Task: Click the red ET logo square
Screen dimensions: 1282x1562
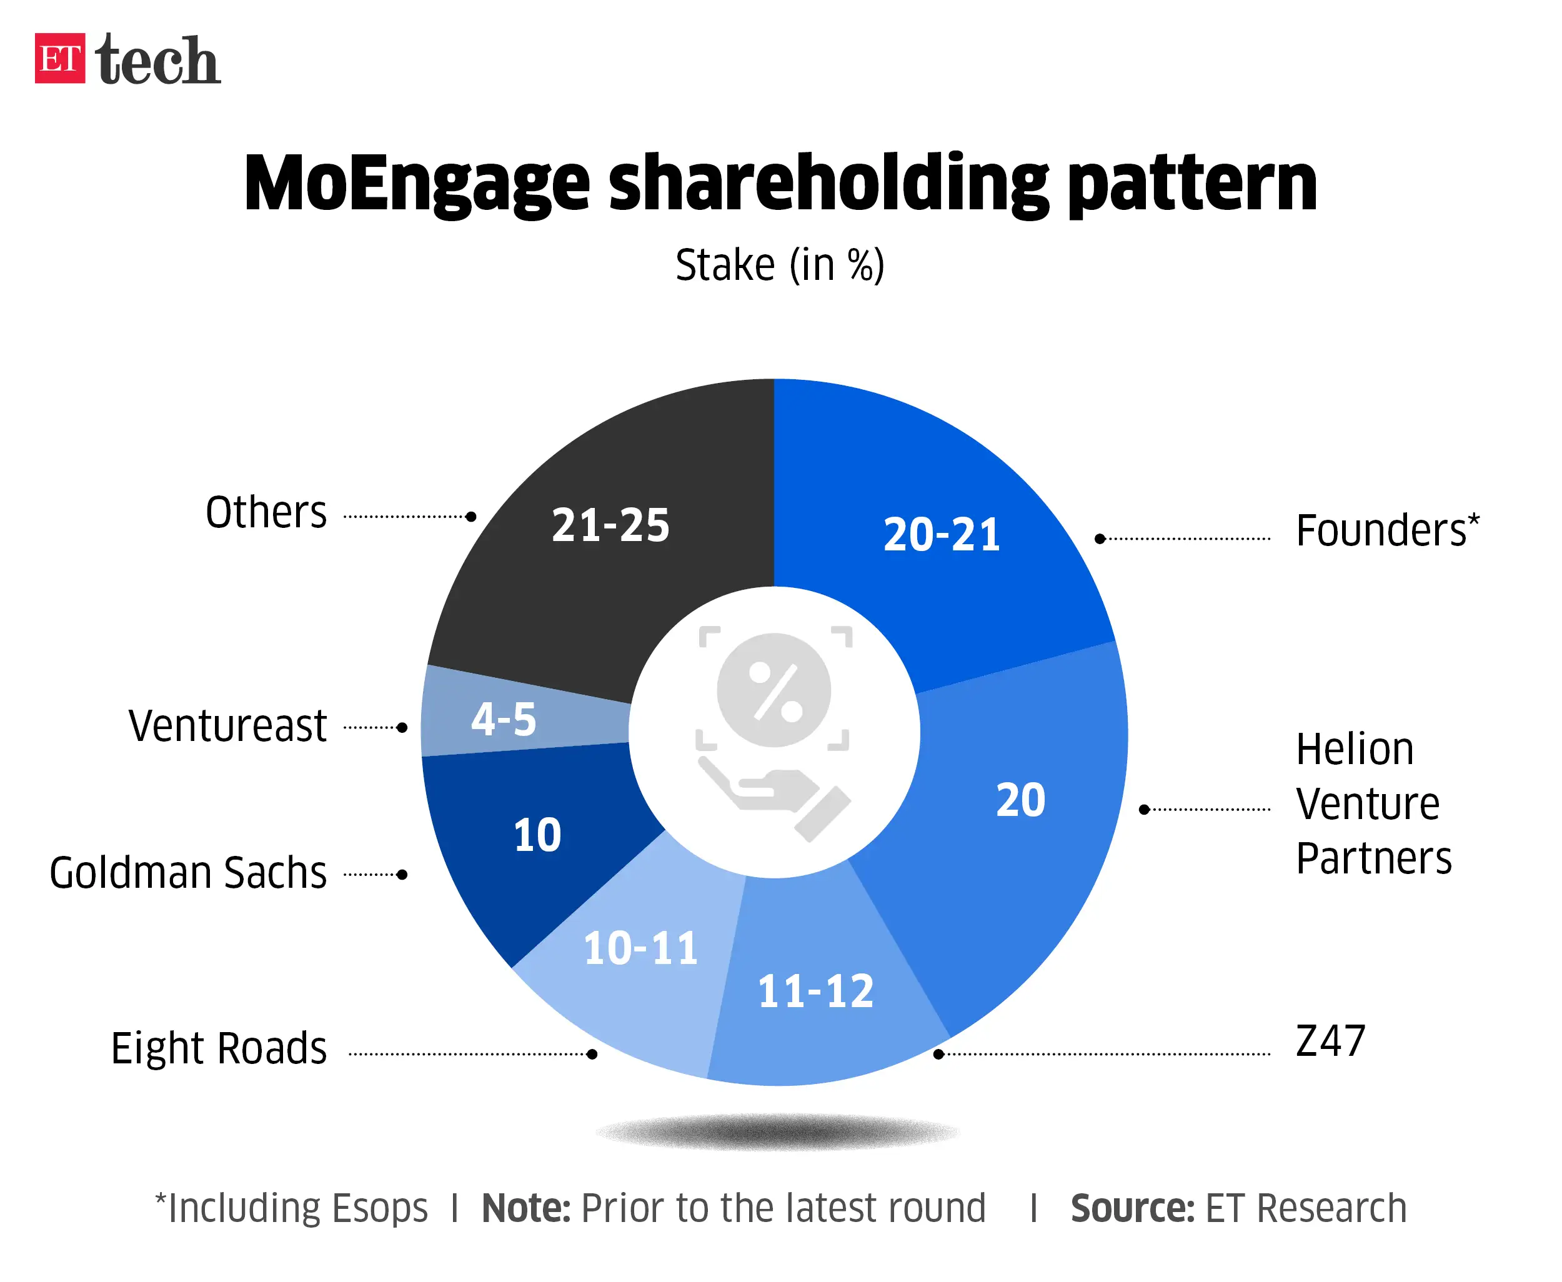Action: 60,58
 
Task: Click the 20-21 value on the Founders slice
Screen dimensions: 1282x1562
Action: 942,535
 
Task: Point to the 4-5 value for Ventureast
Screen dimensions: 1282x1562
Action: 504,719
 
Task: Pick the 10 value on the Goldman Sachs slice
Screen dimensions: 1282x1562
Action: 537,835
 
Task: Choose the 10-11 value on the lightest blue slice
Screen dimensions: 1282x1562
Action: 640,948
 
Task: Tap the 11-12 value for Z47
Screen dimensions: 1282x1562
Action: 815,991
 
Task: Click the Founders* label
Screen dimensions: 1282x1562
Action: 1387,530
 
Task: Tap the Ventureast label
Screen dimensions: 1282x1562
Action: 227,726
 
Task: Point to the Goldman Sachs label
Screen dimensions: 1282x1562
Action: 187,873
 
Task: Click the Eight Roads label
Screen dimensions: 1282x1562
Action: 219,1048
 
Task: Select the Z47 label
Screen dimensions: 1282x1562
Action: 1330,1041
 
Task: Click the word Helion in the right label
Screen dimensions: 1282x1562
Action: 1355,750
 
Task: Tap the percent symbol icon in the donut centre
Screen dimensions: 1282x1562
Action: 774,690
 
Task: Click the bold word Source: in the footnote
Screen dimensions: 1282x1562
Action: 1132,1208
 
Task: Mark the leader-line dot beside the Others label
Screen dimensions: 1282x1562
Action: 471,516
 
